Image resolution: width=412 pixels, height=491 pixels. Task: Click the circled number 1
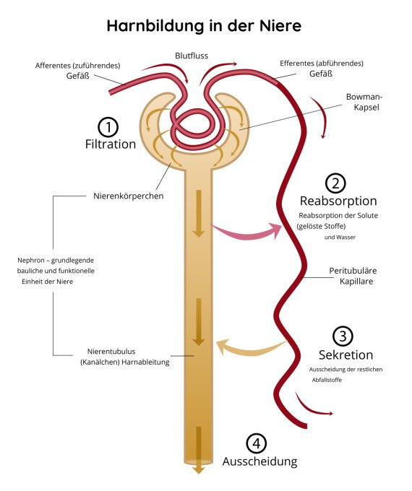(x=108, y=128)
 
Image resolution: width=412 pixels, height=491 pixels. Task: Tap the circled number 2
(x=335, y=183)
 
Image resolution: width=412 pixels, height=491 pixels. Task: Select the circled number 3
(x=343, y=336)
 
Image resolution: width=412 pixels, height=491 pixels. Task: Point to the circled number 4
(x=257, y=443)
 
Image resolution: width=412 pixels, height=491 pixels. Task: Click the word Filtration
(x=111, y=144)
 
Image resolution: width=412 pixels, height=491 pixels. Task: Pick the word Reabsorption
(x=338, y=201)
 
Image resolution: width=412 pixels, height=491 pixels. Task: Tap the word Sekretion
(x=346, y=355)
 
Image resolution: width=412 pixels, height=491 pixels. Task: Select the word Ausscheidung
(x=260, y=461)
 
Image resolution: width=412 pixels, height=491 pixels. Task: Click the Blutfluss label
(x=192, y=56)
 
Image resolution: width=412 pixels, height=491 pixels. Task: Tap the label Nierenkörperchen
(x=129, y=196)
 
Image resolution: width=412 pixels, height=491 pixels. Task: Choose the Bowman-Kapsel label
(x=364, y=102)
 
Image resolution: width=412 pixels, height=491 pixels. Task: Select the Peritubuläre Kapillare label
(x=353, y=276)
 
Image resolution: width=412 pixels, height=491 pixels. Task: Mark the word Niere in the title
(x=280, y=26)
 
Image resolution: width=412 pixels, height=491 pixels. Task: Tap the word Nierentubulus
(x=111, y=352)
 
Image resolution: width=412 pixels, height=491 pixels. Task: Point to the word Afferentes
(x=52, y=66)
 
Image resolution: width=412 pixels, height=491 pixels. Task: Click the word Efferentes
(x=296, y=64)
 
